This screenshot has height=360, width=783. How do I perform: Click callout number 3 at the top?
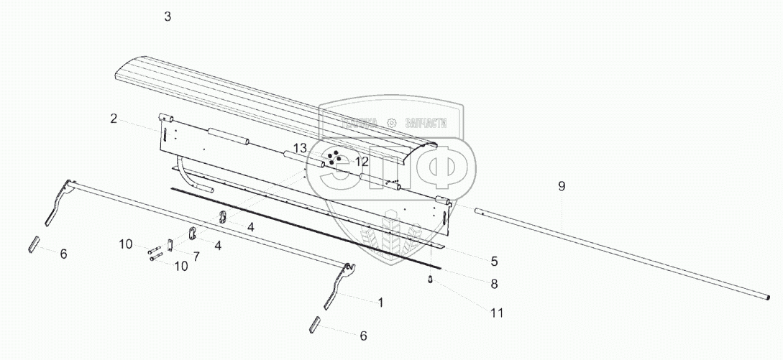tap(168, 17)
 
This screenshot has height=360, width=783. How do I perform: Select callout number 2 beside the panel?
tap(114, 119)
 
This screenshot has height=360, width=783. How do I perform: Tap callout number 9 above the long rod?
tap(562, 186)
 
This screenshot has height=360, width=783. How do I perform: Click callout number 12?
tap(362, 161)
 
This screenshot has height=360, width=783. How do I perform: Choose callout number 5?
tap(494, 262)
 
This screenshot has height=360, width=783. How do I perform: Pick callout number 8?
tap(494, 284)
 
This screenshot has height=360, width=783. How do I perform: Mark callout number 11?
tap(497, 313)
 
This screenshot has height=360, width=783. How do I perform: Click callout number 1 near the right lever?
tap(380, 303)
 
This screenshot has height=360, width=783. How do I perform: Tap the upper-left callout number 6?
tap(63, 254)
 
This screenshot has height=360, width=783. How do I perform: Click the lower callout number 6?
tap(363, 335)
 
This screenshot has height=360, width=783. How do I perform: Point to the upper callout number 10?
tap(125, 244)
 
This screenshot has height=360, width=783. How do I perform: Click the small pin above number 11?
tap(430, 280)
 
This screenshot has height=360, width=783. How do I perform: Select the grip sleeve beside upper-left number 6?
tap(33, 244)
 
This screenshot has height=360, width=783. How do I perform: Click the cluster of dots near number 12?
tap(333, 159)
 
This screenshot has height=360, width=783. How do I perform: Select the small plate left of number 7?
tap(170, 245)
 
